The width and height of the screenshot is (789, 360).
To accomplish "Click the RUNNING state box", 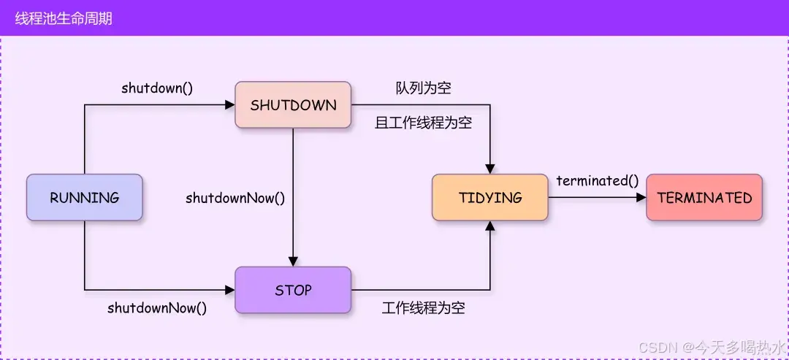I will click(x=84, y=197).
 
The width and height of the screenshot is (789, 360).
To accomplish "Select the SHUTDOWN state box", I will click(x=293, y=105).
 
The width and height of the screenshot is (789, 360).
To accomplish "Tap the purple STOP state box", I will click(x=293, y=290).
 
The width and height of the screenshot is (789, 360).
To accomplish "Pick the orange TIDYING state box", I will click(x=490, y=197).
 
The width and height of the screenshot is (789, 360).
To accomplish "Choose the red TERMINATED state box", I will click(x=704, y=197).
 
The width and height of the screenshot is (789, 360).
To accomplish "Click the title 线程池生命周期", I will click(x=64, y=18).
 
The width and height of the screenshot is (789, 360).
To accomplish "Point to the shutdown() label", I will click(x=157, y=88).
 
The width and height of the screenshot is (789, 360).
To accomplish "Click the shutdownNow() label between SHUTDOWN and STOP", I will click(x=235, y=198).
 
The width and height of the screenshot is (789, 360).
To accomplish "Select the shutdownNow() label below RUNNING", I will click(x=157, y=307).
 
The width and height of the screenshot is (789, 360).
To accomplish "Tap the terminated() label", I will click(x=597, y=180).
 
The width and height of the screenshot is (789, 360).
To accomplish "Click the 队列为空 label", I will click(x=423, y=88).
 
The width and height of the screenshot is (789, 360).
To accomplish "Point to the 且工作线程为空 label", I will click(x=423, y=123).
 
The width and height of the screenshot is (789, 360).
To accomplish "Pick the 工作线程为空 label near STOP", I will click(x=423, y=307).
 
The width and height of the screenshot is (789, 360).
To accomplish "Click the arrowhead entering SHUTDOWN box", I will click(x=229, y=105).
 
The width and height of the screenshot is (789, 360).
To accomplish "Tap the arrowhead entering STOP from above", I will click(x=293, y=261).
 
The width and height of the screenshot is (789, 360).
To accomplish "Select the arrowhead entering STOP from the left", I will click(x=229, y=290).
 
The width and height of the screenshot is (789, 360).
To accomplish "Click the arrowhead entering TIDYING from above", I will click(x=490, y=169).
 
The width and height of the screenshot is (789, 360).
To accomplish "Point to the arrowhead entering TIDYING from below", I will click(x=490, y=226).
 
